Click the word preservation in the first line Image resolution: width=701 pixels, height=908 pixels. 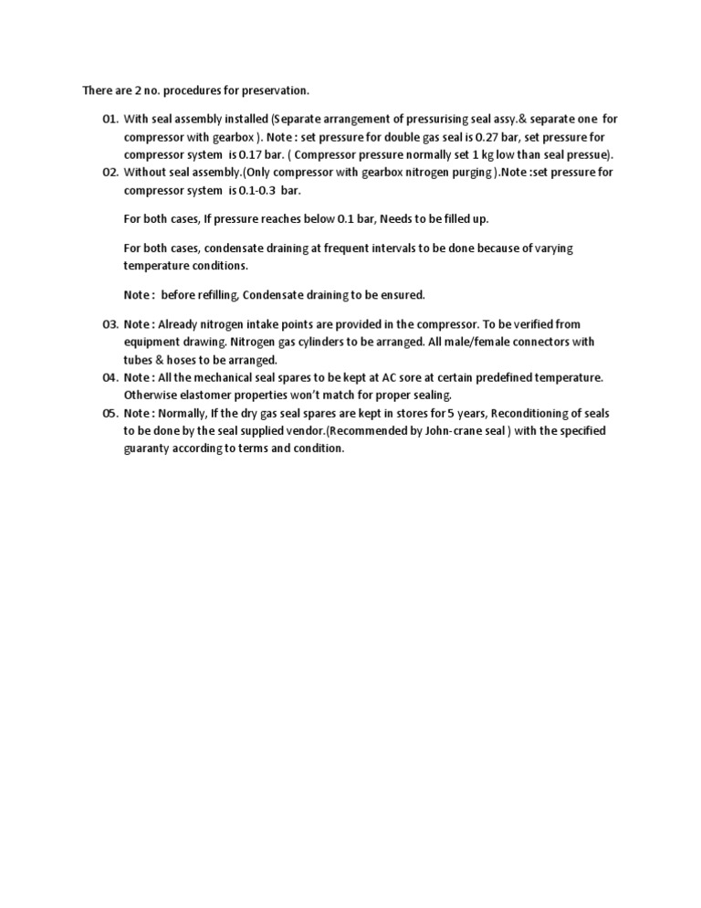[278, 90]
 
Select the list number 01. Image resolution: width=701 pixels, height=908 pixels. [110, 119]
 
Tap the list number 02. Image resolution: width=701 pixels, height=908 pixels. [110, 172]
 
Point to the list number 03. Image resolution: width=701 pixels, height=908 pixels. [110, 324]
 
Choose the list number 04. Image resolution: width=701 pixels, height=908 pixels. [110, 377]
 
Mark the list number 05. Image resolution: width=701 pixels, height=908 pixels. [110, 413]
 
